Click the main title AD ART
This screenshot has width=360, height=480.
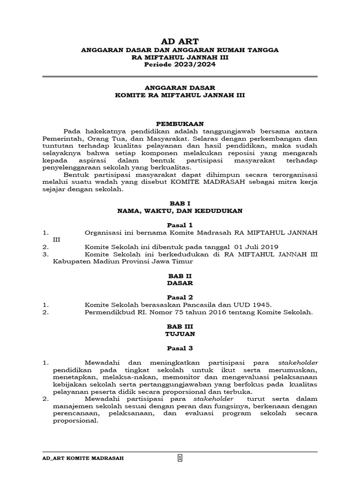pyautogui.click(x=180, y=41)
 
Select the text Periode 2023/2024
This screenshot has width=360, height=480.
pyautogui.click(x=180, y=65)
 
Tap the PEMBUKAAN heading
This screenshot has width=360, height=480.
pyautogui.click(x=180, y=123)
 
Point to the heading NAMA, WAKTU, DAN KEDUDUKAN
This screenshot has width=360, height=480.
pyautogui.click(x=180, y=211)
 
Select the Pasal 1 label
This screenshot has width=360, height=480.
pyautogui.click(x=180, y=225)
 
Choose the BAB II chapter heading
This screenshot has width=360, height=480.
pyautogui.click(x=180, y=276)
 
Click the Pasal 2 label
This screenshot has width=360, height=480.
pyautogui.click(x=180, y=297)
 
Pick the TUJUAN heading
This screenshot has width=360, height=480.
pyautogui.click(x=180, y=334)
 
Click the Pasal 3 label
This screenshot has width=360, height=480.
pyautogui.click(x=180, y=348)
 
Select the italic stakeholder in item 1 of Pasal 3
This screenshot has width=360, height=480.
pyautogui.click(x=298, y=363)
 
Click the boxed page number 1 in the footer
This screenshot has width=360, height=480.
pyautogui.click(x=180, y=458)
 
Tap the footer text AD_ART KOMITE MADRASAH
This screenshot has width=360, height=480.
pyautogui.click(x=83, y=458)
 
